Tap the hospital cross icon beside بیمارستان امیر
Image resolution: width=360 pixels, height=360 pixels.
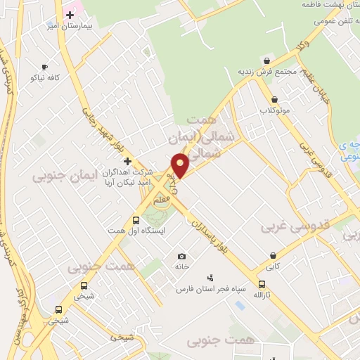pos(70,14)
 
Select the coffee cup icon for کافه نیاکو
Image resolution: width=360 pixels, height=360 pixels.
pos(45,67)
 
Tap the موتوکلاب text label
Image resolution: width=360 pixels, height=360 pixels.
pos(275,110)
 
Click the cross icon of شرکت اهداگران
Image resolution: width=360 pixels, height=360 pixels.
pos(127,161)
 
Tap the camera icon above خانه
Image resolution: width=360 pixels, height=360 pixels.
pos(182,256)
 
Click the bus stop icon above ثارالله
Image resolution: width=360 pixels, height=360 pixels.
pos(262,285)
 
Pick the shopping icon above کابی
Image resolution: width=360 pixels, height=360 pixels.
pos(273,256)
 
